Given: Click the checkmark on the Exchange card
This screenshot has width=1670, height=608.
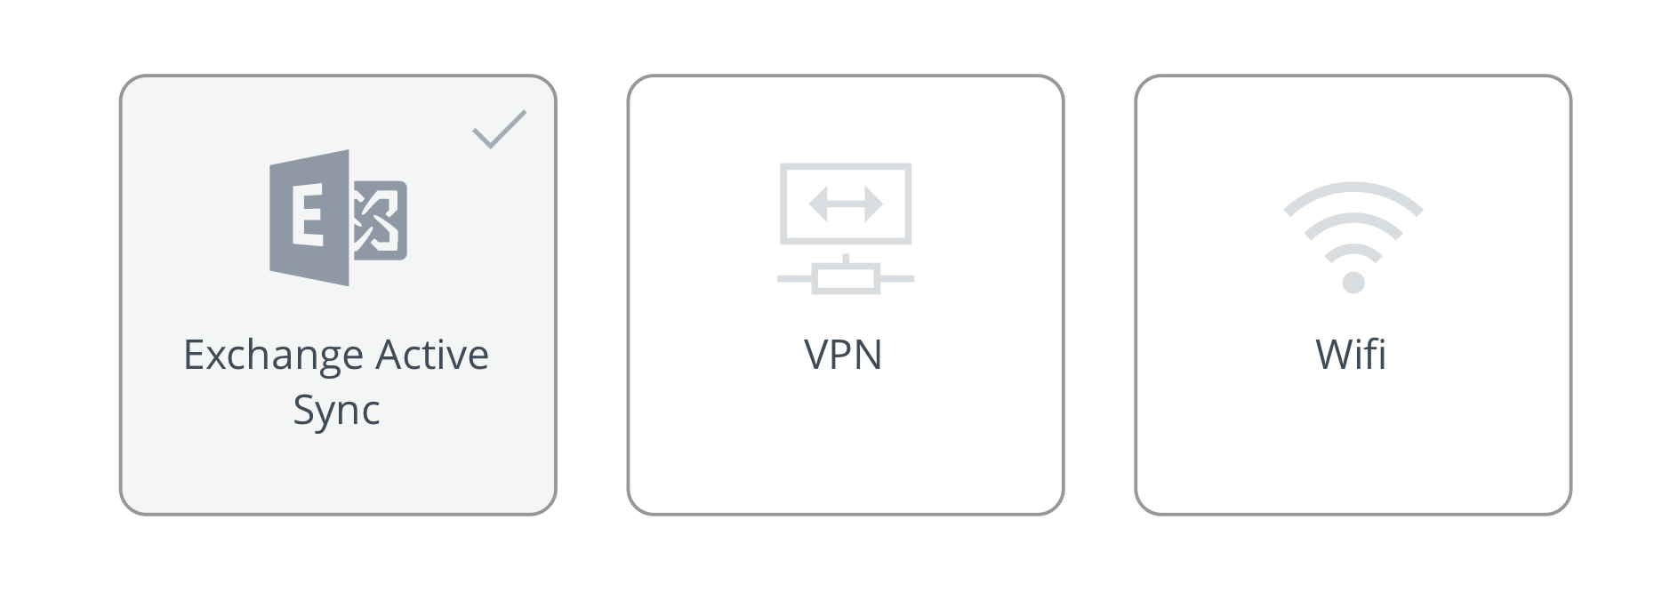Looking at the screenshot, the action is click(x=499, y=130).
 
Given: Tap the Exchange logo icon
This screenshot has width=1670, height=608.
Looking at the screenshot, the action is click(x=338, y=218).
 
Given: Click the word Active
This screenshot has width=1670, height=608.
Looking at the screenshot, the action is click(x=432, y=355).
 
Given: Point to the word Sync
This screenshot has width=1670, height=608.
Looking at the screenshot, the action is click(x=337, y=412).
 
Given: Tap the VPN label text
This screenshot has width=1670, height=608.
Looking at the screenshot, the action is click(x=843, y=355).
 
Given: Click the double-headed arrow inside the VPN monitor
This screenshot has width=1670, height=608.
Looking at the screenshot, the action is click(x=846, y=204).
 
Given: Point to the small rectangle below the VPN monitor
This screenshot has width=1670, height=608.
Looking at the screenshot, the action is click(x=846, y=278).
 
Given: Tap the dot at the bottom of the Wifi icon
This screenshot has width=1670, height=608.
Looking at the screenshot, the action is click(x=1353, y=283).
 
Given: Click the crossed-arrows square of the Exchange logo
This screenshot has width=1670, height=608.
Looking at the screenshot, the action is click(x=380, y=220).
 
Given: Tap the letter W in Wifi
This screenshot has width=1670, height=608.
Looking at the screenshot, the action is click(x=1336, y=355).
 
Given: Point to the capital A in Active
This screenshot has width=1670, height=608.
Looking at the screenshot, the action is click(x=391, y=355).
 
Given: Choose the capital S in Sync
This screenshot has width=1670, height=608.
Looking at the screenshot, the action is click(x=305, y=409).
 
